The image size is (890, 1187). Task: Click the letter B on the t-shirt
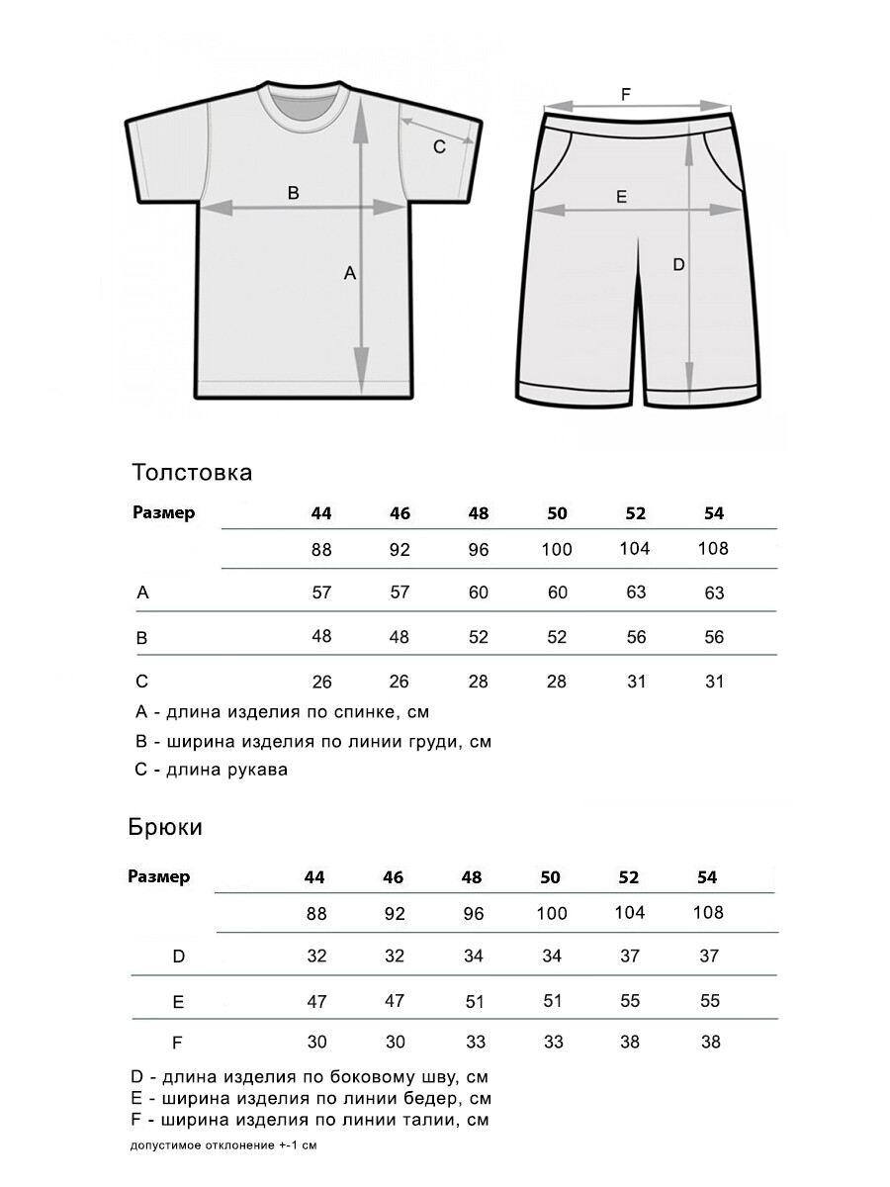pyautogui.click(x=293, y=193)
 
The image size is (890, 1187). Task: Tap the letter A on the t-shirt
pyautogui.click(x=349, y=274)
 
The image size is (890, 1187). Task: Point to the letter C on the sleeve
pyautogui.click(x=440, y=146)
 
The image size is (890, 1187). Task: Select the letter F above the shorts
pyautogui.click(x=625, y=94)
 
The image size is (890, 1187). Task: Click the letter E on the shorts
pyautogui.click(x=621, y=197)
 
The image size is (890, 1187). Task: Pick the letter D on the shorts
pyautogui.click(x=678, y=264)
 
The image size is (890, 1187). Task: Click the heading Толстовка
pyautogui.click(x=192, y=472)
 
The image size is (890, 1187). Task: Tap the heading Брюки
pyautogui.click(x=165, y=827)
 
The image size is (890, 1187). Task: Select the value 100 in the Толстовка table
pyautogui.click(x=557, y=549)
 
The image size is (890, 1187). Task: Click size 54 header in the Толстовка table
pyautogui.click(x=714, y=513)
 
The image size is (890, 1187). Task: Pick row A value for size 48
pyautogui.click(x=479, y=593)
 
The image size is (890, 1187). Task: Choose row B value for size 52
pyautogui.click(x=636, y=637)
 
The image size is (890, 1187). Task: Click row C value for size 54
pyautogui.click(x=714, y=682)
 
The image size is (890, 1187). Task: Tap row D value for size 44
pyautogui.click(x=316, y=957)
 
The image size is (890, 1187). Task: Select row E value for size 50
pyautogui.click(x=553, y=1001)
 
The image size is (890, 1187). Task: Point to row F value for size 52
pyautogui.click(x=630, y=1042)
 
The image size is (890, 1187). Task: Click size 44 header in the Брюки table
pyautogui.click(x=314, y=877)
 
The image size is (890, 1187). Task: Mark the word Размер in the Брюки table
pyautogui.click(x=159, y=876)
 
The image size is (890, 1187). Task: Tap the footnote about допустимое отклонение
pyautogui.click(x=223, y=1145)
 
